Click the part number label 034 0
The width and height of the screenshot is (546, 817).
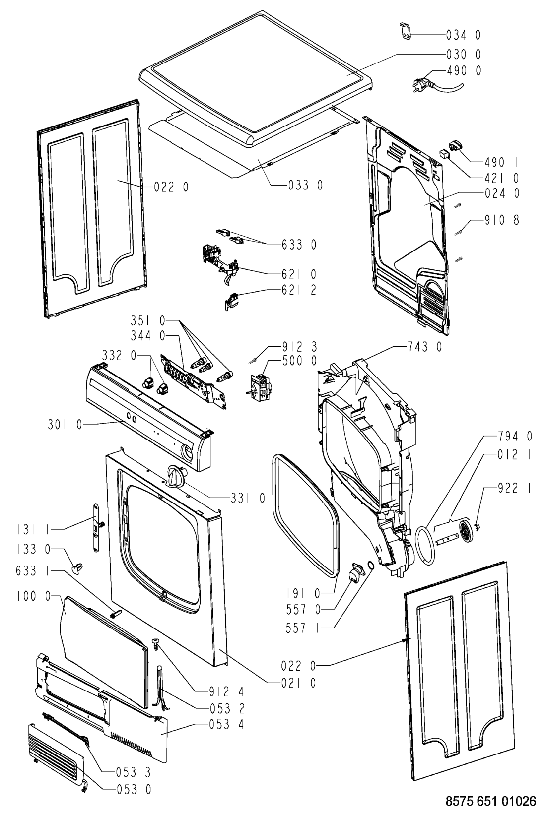coord(463,35)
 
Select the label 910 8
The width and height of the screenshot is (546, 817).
coord(502,219)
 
